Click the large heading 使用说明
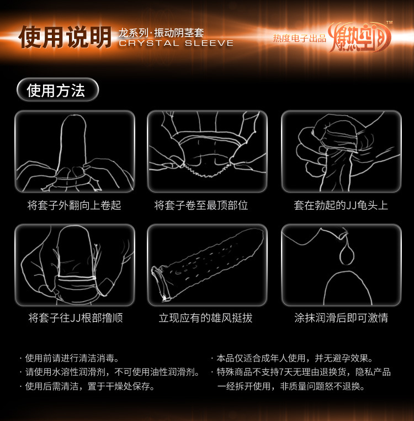(65, 37)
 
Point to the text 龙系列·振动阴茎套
(161, 33)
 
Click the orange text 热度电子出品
(300, 38)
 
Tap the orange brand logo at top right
(359, 37)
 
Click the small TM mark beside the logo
(389, 23)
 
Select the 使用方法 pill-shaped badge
(58, 90)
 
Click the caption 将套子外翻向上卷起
(74, 205)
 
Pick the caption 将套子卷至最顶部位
(201, 205)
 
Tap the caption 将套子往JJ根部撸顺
(76, 318)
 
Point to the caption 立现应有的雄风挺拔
(205, 318)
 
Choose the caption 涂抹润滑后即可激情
(341, 318)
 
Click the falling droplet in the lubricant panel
(347, 252)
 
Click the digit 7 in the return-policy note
(282, 372)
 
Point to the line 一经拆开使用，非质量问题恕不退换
(291, 386)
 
